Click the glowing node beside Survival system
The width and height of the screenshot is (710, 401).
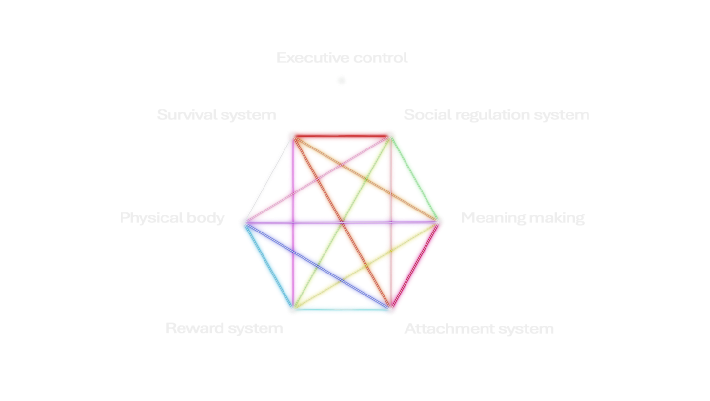point(292,133)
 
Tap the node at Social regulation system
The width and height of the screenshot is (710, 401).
point(391,133)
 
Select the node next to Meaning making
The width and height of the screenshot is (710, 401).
point(441,221)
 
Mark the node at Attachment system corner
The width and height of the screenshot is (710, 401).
point(391,310)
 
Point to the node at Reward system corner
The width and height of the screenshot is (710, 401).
point(292,310)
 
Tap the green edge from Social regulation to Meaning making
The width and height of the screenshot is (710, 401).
point(416,177)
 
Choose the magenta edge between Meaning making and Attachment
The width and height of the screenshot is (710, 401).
point(416,266)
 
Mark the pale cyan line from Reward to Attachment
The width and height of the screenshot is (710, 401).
point(342,311)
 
